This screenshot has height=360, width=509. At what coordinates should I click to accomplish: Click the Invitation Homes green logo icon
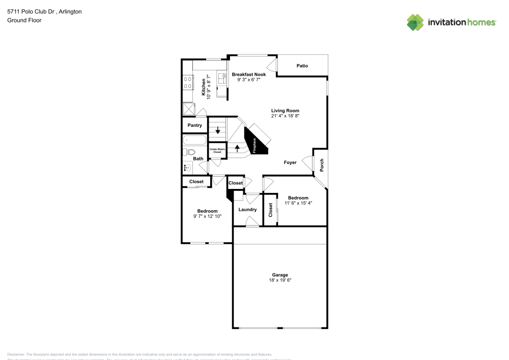(x=415, y=22)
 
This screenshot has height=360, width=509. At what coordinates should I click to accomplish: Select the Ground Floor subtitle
(x=24, y=20)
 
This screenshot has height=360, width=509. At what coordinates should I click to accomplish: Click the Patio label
(x=302, y=66)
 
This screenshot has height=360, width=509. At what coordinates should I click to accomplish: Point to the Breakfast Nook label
(x=249, y=74)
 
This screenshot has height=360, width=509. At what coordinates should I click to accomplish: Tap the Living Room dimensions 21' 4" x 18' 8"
(x=285, y=116)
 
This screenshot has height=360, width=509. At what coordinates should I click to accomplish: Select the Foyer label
(x=290, y=162)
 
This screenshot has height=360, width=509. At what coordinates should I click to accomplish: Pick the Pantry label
(x=195, y=125)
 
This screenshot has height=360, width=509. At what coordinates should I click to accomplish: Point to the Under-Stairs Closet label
(x=217, y=151)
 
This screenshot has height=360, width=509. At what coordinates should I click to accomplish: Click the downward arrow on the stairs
(x=218, y=130)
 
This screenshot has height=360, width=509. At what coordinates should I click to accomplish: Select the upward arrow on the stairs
(x=237, y=148)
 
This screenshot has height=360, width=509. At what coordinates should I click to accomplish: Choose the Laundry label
(x=247, y=209)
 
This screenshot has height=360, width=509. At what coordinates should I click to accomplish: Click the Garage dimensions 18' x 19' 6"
(x=280, y=280)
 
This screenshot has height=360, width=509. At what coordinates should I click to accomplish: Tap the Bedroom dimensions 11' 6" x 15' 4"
(x=298, y=203)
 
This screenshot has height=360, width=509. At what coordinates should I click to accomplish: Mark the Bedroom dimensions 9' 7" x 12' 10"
(x=207, y=216)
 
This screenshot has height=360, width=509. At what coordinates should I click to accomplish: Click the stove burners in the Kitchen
(x=187, y=82)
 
